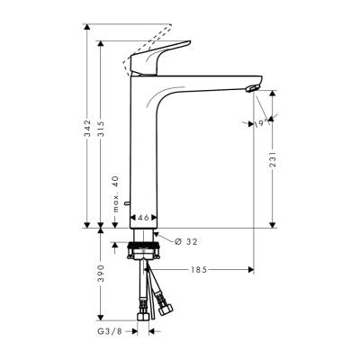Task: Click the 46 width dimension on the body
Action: click(x=144, y=217)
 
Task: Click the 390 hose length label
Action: click(x=103, y=272)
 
